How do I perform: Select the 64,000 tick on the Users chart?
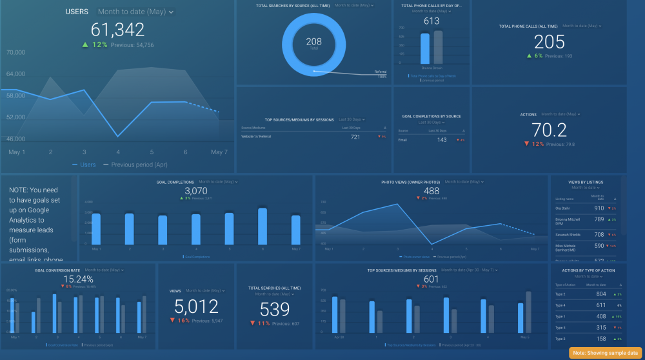15,74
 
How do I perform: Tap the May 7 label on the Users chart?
219,152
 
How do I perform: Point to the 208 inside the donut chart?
314,41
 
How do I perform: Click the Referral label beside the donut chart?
380,72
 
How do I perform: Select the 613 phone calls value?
431,21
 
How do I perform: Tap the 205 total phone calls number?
549,42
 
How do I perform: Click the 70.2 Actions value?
549,130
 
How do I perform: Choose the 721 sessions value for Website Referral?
355,137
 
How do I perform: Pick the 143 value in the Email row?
442,140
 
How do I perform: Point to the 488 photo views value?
431,191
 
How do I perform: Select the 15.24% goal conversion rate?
78,279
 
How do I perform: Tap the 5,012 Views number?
196,306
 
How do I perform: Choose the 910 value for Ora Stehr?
599,208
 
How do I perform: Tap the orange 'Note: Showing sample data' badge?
605,353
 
